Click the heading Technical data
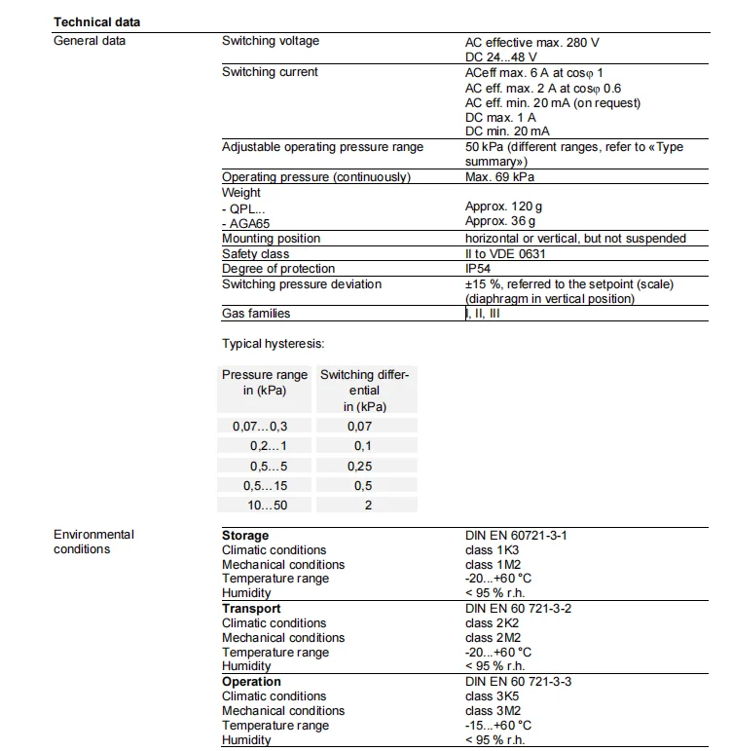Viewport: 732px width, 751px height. pos(96,21)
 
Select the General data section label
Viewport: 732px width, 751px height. pos(90,41)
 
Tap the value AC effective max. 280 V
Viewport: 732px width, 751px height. pos(531,42)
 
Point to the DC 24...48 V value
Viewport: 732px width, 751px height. pos(500,57)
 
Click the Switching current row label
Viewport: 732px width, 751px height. pos(270,72)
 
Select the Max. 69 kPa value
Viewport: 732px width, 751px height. pos(499,177)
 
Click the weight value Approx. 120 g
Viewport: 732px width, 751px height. pos(504,207)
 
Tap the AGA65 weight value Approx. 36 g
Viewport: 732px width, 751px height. pos(500,222)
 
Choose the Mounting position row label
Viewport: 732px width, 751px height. pos(271,239)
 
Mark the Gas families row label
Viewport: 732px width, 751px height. pos(256,314)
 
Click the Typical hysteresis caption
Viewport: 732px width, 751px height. pos(273,344)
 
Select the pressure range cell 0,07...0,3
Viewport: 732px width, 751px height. pos(260,426)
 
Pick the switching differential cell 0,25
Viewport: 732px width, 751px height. pos(359,467)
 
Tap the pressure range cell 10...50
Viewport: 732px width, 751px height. pos(266,506)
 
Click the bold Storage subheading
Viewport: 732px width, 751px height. pos(245,536)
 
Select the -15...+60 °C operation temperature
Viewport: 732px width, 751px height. pos(498,726)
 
